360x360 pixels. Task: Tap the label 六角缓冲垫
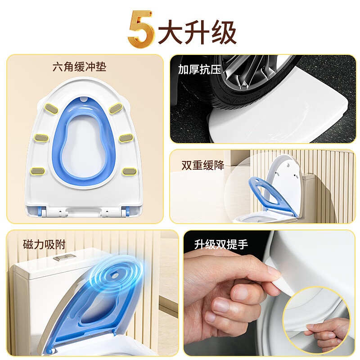click(79, 68)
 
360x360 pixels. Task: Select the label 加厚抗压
click(198, 69)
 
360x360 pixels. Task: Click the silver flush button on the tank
click(63, 258)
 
